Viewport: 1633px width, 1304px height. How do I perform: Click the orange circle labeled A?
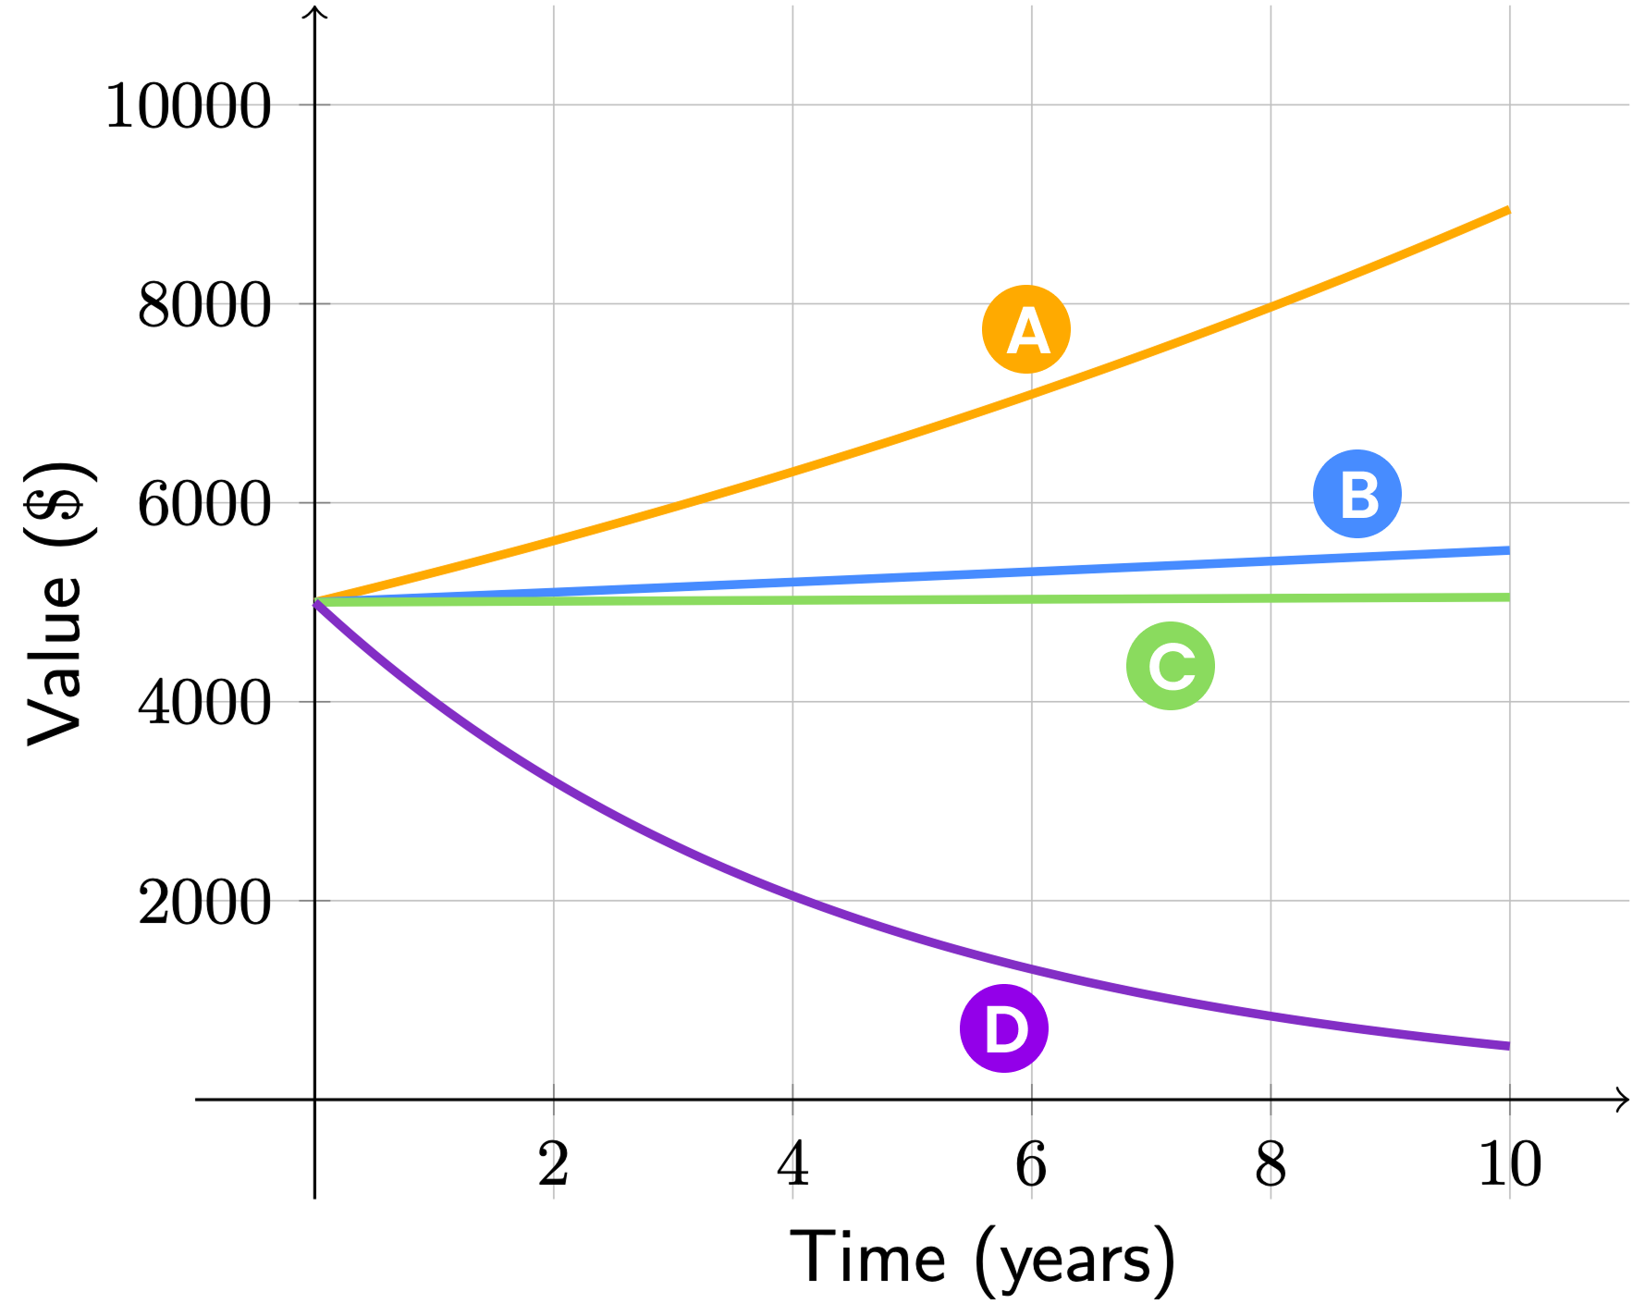tap(1025, 329)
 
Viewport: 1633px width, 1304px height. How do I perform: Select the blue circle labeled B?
tap(1357, 494)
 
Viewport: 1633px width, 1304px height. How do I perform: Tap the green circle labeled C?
tap(1170, 666)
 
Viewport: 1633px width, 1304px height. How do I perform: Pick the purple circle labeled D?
tap(1003, 1028)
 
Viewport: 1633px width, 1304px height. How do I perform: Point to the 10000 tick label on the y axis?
tap(188, 105)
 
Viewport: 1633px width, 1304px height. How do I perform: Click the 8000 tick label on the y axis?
tap(204, 304)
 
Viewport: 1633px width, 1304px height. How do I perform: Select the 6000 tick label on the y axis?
tap(204, 504)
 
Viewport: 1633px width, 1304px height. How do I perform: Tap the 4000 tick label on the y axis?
tap(204, 703)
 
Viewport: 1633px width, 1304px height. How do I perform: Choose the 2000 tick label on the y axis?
tap(204, 902)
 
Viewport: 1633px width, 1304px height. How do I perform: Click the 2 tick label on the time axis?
tap(553, 1163)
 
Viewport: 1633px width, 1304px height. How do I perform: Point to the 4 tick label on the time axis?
tap(792, 1163)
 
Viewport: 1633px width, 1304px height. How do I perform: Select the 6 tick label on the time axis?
tap(1031, 1163)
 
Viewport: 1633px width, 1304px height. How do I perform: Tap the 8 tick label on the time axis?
tap(1271, 1163)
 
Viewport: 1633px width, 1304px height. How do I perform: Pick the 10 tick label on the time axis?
tap(1509, 1163)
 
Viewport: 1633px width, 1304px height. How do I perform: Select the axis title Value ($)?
tap(57, 603)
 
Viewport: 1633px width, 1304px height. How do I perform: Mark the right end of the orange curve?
tap(1508, 210)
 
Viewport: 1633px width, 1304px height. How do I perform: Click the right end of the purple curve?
tap(1508, 1046)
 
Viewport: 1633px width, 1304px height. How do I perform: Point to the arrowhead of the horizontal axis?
tap(1623, 1100)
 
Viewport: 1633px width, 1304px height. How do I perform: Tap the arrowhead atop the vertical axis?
tap(315, 11)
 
